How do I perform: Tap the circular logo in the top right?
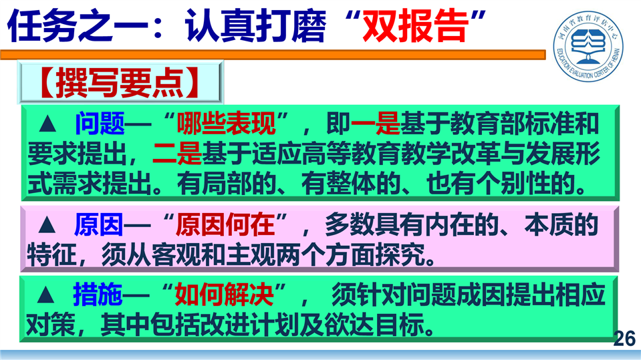(x=588, y=45)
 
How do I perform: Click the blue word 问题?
(x=100, y=123)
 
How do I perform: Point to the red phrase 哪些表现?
(x=226, y=123)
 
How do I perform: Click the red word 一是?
(x=375, y=123)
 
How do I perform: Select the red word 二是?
(x=177, y=153)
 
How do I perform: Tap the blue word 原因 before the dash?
(x=98, y=224)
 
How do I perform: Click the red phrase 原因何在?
(x=225, y=224)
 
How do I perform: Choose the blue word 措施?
(x=98, y=294)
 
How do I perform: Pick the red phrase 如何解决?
(x=224, y=294)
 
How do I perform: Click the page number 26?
(x=624, y=339)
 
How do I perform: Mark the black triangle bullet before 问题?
(x=47, y=124)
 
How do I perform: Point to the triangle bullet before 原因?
(x=47, y=225)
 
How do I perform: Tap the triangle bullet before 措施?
(x=45, y=295)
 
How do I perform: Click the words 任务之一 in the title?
(x=78, y=26)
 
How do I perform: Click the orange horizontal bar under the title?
(x=273, y=54)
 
